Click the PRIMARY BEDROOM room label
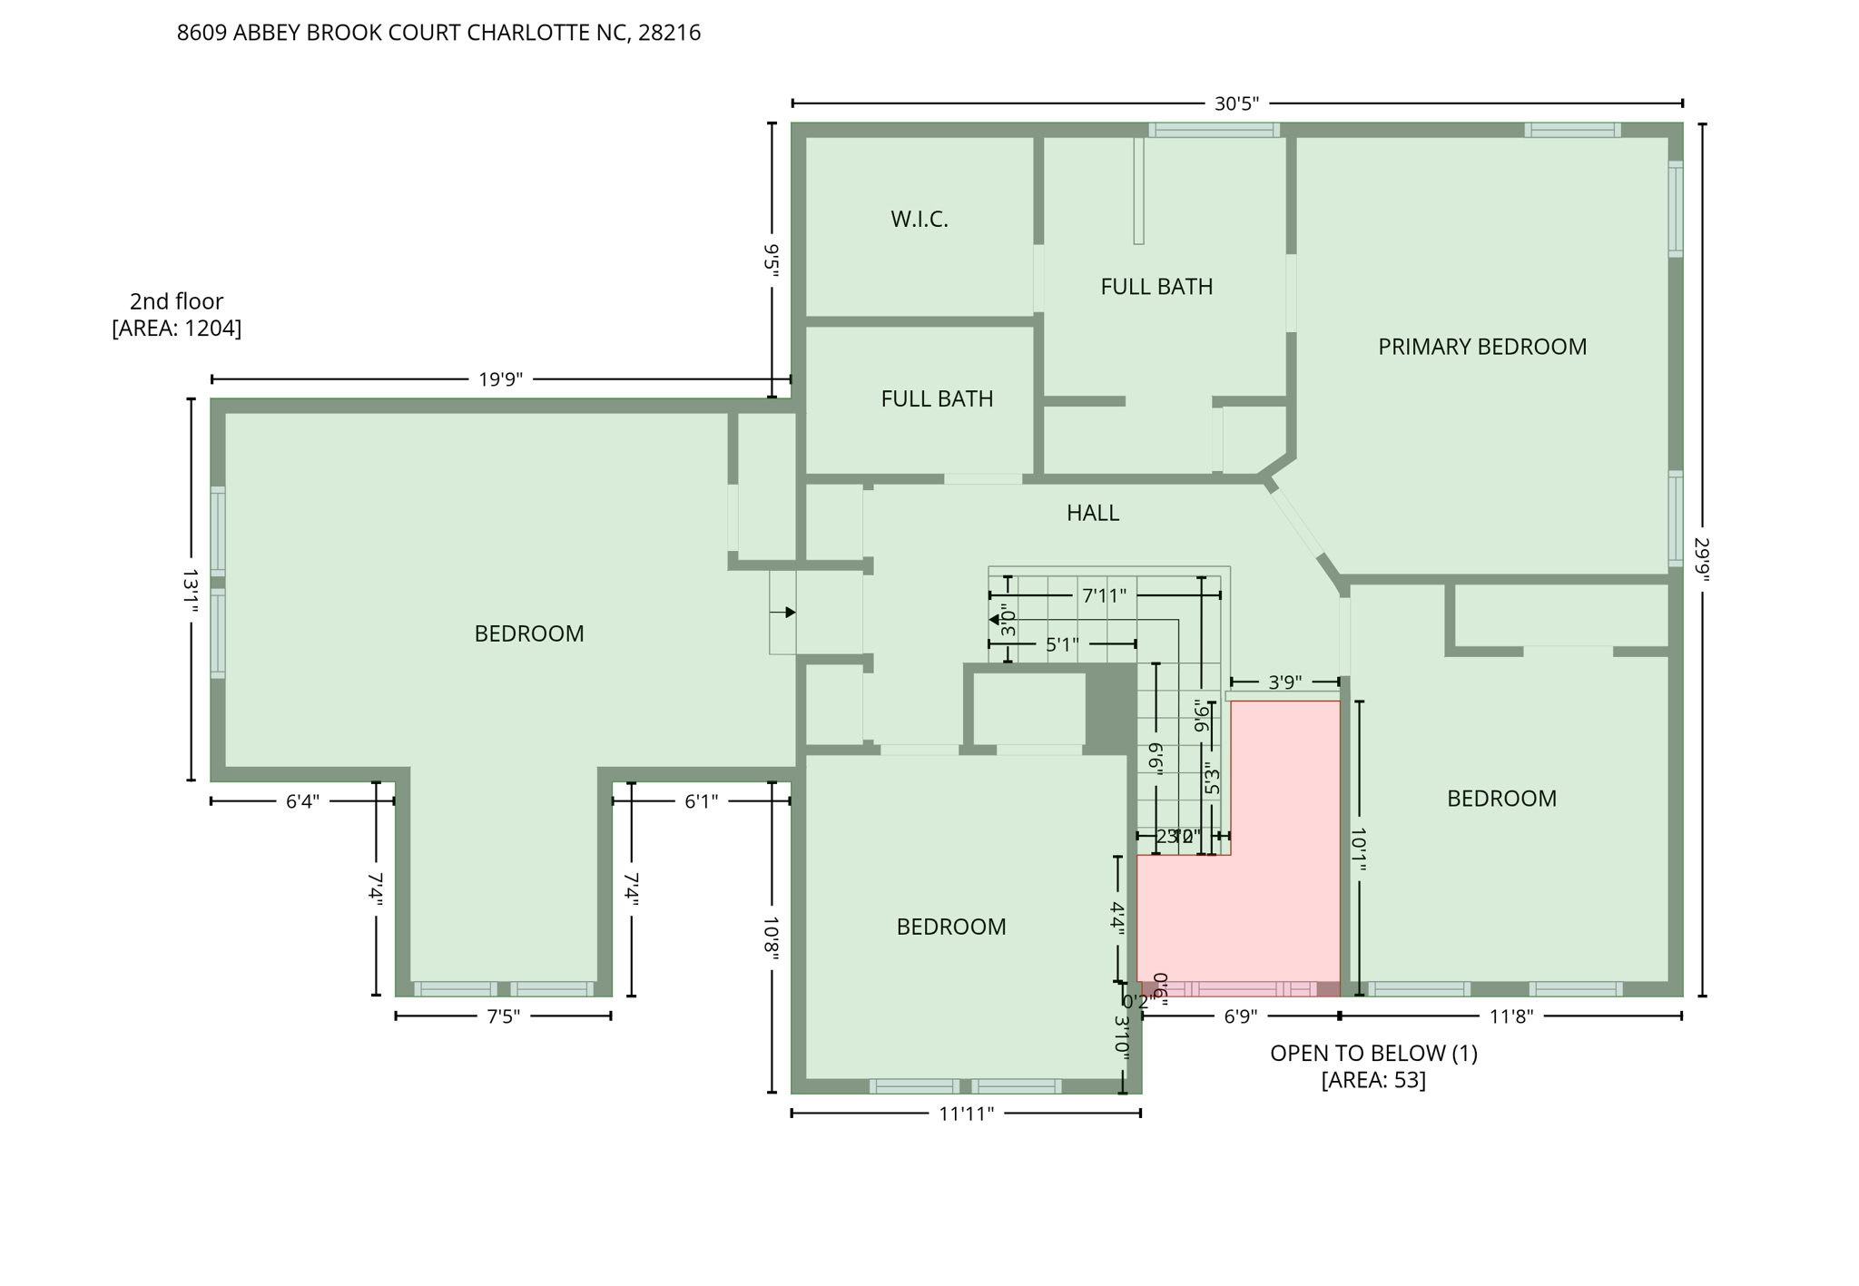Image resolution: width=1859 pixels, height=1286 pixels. point(1481,347)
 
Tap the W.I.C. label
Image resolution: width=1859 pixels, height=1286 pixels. point(919,219)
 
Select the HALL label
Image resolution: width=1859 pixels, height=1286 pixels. point(1092,513)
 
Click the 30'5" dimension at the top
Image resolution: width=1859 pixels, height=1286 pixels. point(1236,103)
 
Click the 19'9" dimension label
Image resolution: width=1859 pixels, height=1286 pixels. point(500,379)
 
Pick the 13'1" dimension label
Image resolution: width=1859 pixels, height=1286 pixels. point(191,591)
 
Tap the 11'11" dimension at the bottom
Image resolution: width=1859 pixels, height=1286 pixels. point(966,1114)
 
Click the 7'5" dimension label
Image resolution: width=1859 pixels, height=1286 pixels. point(504,1016)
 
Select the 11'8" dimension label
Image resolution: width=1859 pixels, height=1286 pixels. point(1510,1016)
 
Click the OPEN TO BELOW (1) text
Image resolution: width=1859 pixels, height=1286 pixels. point(1372,1053)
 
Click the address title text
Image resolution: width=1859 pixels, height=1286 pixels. point(438,33)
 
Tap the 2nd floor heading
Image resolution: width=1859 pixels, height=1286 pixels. point(176,301)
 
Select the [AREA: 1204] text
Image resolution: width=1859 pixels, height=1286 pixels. point(176,329)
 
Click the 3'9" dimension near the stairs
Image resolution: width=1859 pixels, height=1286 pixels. point(1284,682)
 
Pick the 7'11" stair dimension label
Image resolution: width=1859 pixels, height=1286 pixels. point(1104,596)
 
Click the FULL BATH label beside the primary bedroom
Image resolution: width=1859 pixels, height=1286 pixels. point(1156,287)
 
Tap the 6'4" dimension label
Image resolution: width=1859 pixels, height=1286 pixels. point(302,801)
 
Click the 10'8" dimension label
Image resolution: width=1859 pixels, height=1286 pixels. point(772,937)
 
